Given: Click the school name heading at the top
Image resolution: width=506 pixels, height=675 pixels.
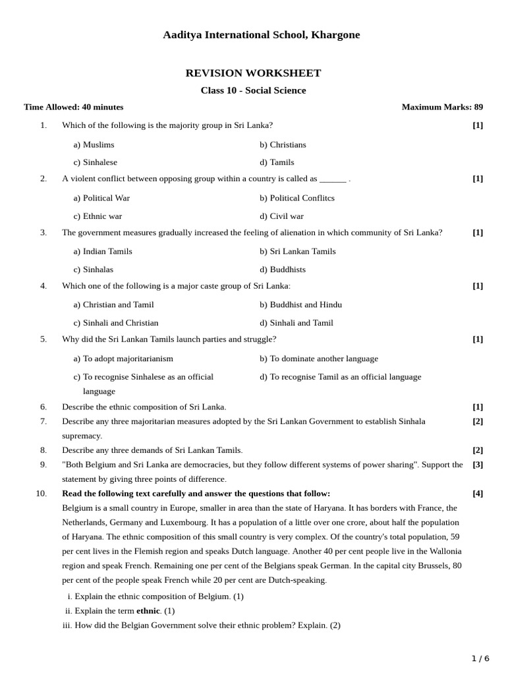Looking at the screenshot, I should click(261, 35).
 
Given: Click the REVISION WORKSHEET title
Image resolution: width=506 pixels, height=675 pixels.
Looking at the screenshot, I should click(253, 73).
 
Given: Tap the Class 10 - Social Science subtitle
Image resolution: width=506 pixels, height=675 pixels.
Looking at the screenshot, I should click(253, 90).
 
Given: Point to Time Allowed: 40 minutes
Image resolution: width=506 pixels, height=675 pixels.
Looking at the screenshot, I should click(73, 107).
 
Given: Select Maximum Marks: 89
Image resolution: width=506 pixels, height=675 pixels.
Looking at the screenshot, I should click(442, 107).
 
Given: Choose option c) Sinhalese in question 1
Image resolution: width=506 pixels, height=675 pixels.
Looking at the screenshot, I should click(95, 162).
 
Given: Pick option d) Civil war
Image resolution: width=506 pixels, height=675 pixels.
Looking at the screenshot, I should click(281, 216).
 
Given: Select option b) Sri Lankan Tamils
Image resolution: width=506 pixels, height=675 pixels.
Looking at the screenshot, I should click(297, 251).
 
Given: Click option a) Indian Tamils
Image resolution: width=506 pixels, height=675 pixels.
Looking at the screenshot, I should click(103, 251).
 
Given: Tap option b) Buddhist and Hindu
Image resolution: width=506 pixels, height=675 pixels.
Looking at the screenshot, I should click(300, 305).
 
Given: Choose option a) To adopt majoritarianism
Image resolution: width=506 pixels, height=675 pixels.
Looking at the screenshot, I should click(123, 359).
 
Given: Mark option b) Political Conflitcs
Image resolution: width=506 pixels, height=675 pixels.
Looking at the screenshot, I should click(296, 198).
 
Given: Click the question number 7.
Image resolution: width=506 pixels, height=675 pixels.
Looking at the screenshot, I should click(43, 421).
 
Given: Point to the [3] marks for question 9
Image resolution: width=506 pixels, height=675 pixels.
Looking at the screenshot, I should click(478, 465).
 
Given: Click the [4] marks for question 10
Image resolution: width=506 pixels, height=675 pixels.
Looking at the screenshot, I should click(478, 494).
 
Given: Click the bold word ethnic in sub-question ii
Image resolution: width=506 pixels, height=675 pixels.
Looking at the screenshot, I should click(148, 611).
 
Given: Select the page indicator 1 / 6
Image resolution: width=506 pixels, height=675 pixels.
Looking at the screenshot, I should click(480, 659).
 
